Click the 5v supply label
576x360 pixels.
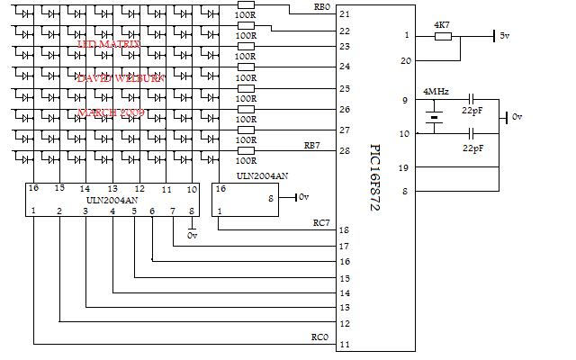point(505,36)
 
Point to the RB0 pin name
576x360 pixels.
point(320,7)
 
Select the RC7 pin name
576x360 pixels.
point(320,221)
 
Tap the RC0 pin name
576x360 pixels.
point(320,338)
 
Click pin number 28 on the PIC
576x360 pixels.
point(344,150)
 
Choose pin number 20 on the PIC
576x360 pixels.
point(406,60)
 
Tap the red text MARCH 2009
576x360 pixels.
point(112,113)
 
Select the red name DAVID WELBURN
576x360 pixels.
point(121,78)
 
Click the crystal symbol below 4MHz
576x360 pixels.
point(435,116)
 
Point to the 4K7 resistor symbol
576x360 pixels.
point(442,37)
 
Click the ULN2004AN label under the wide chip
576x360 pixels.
point(112,200)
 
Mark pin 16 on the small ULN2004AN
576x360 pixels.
point(220,190)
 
